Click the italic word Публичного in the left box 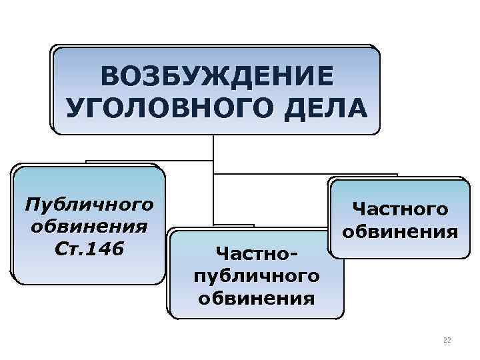pos(88,202)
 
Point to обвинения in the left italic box pos(89,226)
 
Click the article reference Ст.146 pos(88,249)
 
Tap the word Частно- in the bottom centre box pos(256,253)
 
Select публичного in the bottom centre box pos(257,275)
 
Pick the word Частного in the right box pos(400,209)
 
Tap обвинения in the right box pos(400,232)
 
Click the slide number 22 pos(447,340)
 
